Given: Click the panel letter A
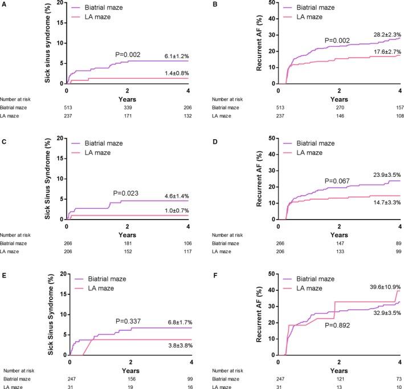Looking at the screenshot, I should click(3, 3).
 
